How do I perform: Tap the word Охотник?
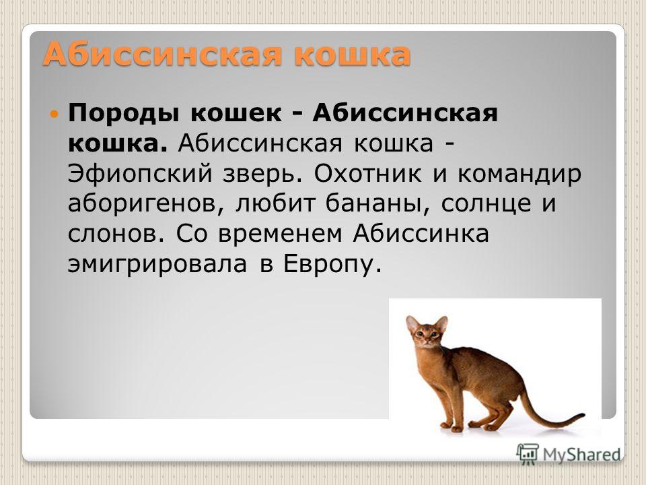367,174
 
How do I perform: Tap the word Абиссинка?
421,234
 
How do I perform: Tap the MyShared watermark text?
581,455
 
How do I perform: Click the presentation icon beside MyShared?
528,453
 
